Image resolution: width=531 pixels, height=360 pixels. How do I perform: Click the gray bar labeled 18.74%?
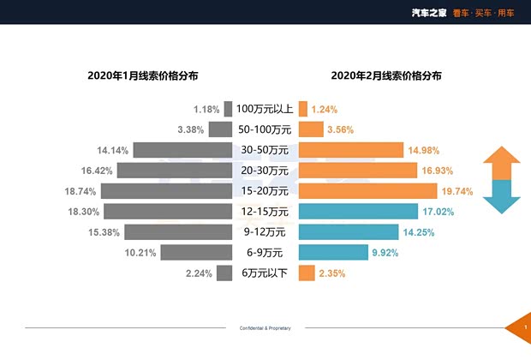[x=168, y=191]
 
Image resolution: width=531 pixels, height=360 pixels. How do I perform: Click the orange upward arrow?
[x=502, y=163]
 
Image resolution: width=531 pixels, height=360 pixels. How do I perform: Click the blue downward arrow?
[x=502, y=196]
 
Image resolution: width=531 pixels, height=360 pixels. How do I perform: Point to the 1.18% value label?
[x=206, y=110]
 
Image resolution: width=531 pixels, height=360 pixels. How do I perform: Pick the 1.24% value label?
[x=325, y=110]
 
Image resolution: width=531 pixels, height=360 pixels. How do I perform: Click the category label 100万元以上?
[x=265, y=109]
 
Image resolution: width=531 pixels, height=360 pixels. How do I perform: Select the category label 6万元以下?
[x=265, y=273]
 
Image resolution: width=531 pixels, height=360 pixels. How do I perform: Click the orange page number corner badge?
[x=522, y=328]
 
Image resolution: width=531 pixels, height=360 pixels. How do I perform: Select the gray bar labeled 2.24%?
[x=224, y=273]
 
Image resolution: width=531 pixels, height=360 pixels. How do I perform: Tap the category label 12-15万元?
[x=265, y=212]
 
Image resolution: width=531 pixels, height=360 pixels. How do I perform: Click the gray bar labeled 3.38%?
[x=221, y=130]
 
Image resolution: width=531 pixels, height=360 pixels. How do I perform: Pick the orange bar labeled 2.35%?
[x=303, y=273]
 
